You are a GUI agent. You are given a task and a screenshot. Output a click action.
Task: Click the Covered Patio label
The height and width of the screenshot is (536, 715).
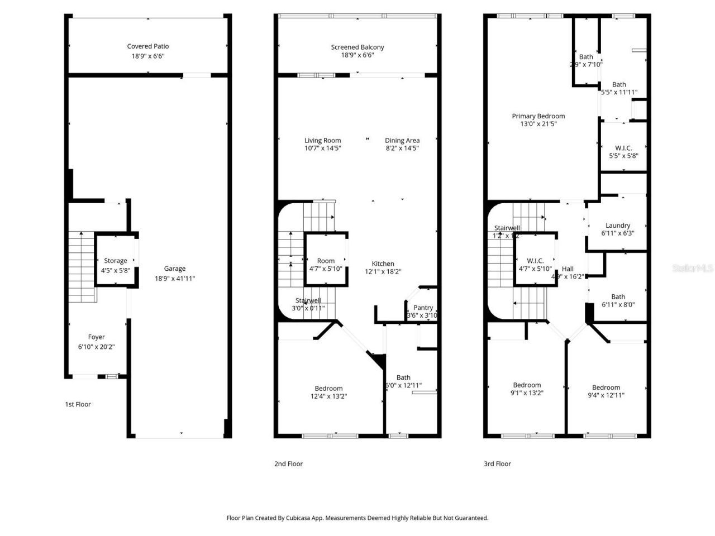(x=147, y=46)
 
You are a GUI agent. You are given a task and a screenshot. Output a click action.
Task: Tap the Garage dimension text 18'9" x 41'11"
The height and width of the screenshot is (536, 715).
(x=174, y=278)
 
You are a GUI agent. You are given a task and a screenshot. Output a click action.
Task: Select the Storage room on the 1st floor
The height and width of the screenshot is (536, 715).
(x=115, y=261)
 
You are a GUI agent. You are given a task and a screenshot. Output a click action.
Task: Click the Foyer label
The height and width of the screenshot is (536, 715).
(x=96, y=337)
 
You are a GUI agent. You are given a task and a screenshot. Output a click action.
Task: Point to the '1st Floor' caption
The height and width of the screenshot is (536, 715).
(x=78, y=404)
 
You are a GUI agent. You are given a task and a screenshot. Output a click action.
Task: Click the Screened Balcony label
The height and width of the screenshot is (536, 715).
(x=357, y=47)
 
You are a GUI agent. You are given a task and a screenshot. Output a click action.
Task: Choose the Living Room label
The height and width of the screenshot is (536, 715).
(x=322, y=141)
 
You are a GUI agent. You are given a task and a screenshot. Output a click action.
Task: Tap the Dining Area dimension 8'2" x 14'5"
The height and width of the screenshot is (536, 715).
(x=402, y=149)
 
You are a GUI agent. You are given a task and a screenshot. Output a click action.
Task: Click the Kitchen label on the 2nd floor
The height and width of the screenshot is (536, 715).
(x=383, y=264)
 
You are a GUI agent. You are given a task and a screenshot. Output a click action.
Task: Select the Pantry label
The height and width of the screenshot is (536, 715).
(x=423, y=308)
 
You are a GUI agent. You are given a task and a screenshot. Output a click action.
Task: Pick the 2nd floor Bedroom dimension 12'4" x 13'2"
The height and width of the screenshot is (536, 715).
(x=328, y=396)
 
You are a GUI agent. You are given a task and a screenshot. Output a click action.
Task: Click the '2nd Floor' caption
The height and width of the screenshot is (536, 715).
(x=288, y=463)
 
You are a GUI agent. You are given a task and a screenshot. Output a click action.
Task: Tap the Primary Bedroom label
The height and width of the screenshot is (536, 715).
(x=538, y=116)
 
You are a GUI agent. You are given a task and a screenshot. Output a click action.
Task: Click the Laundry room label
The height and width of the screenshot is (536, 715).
(x=617, y=226)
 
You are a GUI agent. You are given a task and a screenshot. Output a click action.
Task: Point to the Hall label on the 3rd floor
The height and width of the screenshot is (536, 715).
(x=568, y=269)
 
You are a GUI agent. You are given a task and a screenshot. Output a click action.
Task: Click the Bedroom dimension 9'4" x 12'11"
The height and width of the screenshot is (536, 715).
(x=606, y=395)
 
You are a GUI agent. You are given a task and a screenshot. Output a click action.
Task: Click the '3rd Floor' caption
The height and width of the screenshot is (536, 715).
(x=497, y=463)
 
